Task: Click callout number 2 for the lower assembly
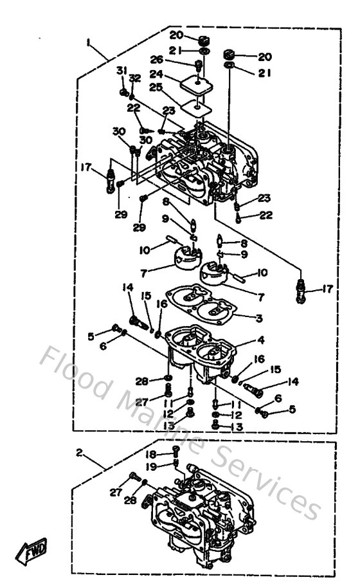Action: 78,452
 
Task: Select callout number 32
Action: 134,78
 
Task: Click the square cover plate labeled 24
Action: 197,82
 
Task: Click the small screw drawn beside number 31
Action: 123,92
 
